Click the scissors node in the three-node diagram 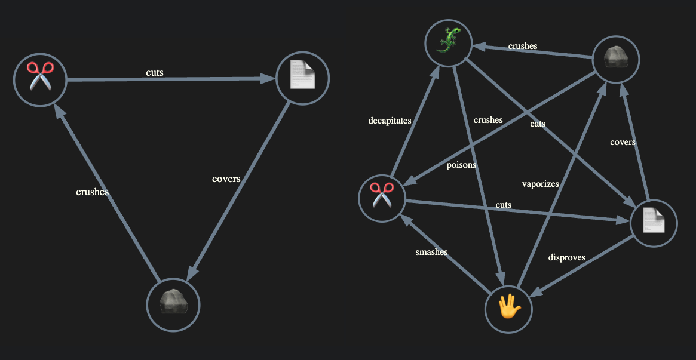coord(40,80)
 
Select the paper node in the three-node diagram coord(303,78)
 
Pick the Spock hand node coord(508,308)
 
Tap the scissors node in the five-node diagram coord(382,198)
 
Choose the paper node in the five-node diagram coord(654,223)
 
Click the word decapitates coord(390,121)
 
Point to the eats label coord(537,124)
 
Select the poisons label coord(461,165)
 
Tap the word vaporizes coord(540,184)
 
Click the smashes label coord(431,252)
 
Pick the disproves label coord(566,257)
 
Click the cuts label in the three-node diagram coord(155,73)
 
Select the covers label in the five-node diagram coord(623,142)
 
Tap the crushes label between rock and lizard coord(523,46)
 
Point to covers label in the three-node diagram coord(226,179)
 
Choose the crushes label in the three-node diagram coord(93,192)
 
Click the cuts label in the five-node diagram coord(503,205)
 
